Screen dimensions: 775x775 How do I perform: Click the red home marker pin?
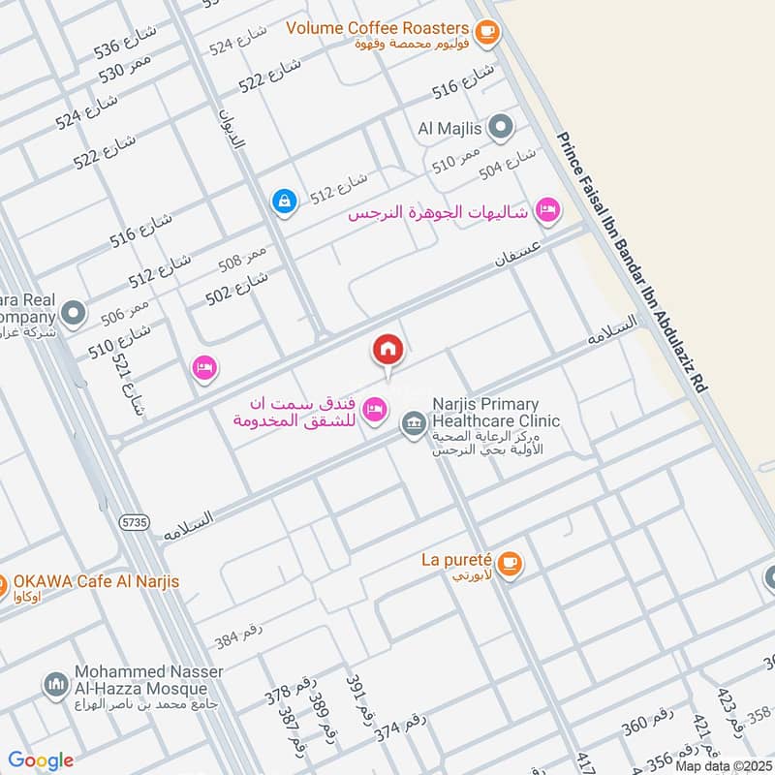(x=387, y=350)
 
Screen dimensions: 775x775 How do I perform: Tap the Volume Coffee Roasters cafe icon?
(x=486, y=32)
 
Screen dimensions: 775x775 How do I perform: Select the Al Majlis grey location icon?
(x=501, y=126)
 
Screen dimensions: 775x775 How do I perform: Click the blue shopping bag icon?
(x=283, y=201)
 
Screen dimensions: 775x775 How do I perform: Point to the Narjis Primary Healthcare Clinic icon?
(x=414, y=424)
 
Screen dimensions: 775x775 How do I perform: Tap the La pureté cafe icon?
(x=511, y=562)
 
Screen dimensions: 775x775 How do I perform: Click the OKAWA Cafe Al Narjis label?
(x=96, y=581)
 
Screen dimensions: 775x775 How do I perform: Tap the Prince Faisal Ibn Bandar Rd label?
(x=635, y=263)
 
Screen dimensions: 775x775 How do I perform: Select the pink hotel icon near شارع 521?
(x=203, y=368)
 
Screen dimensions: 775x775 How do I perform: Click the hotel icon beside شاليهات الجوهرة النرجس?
(x=548, y=210)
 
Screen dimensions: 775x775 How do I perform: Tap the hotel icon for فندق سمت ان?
(x=373, y=413)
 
